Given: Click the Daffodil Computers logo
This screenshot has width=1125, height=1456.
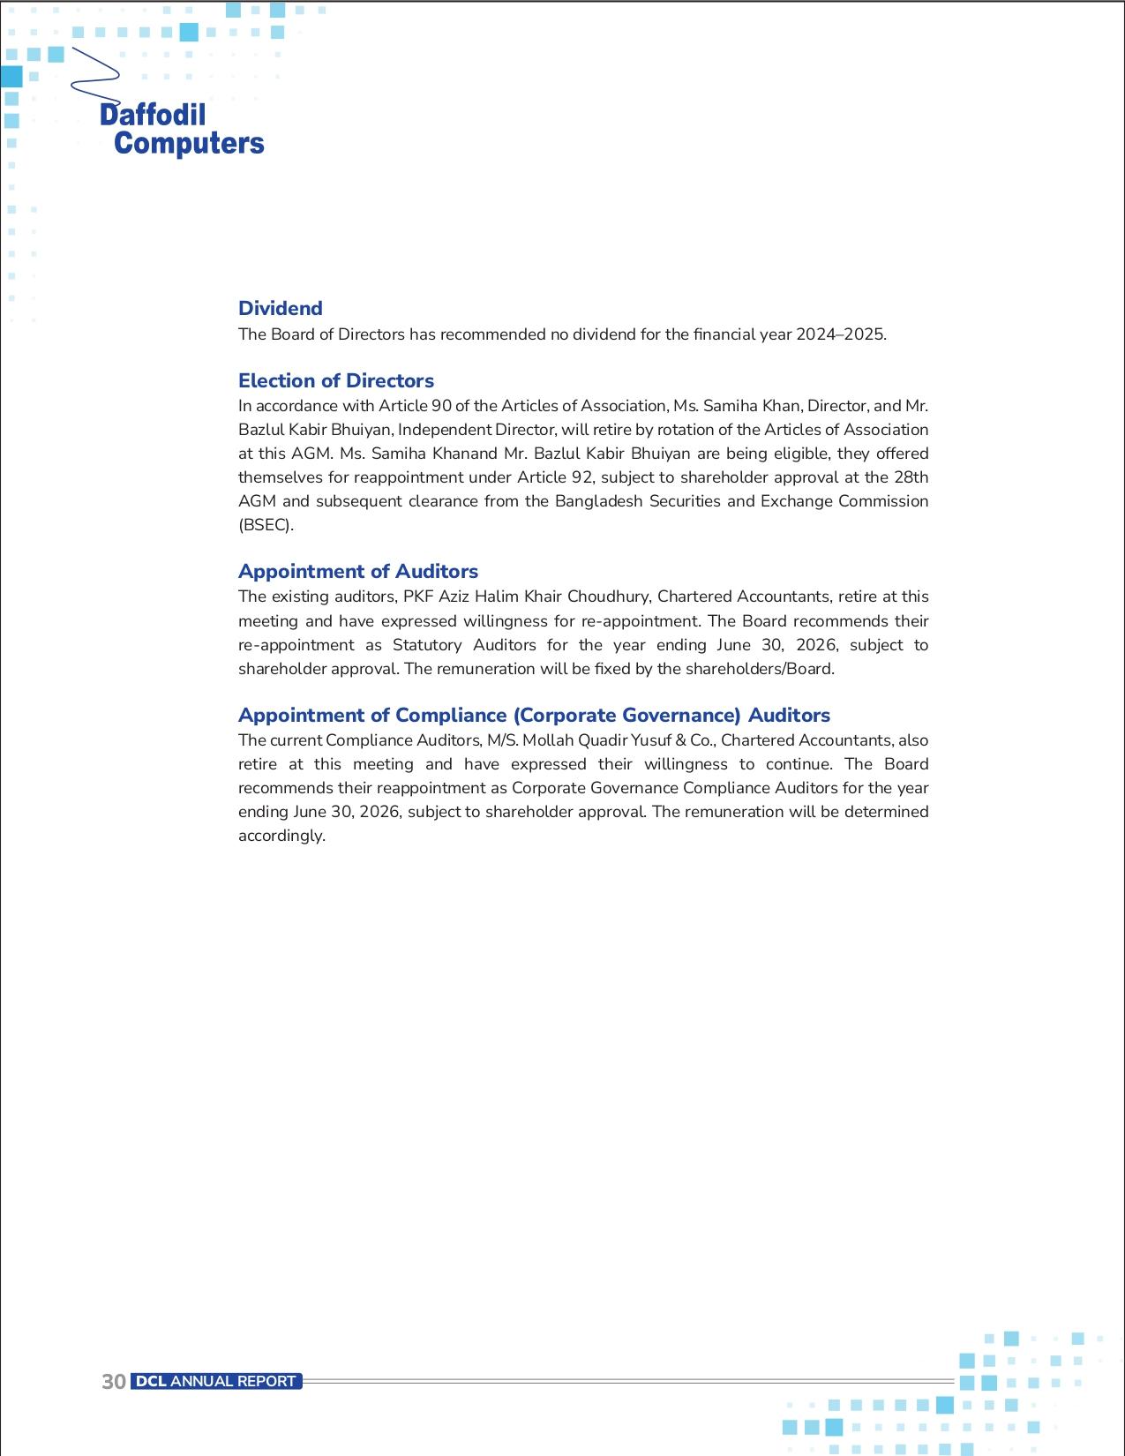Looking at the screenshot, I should tap(181, 128).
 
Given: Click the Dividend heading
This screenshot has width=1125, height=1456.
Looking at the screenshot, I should tap(281, 308).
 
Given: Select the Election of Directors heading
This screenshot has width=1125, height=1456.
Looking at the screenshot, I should tap(336, 380).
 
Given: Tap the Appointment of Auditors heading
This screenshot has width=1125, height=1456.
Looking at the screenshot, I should tap(358, 571).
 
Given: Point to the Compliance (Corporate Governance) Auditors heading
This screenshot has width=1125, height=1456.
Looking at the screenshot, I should tap(534, 715).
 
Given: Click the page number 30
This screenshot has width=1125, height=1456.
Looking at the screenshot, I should tap(114, 1382).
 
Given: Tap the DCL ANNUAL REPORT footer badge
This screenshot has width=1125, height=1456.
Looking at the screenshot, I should tap(216, 1381).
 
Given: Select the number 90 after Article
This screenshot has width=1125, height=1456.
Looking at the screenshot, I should tap(441, 406).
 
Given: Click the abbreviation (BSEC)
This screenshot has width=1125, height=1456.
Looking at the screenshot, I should tap(266, 525).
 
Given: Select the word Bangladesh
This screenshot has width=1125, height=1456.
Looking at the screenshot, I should tap(599, 501).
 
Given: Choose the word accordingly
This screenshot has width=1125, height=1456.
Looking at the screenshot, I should tap(281, 836).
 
